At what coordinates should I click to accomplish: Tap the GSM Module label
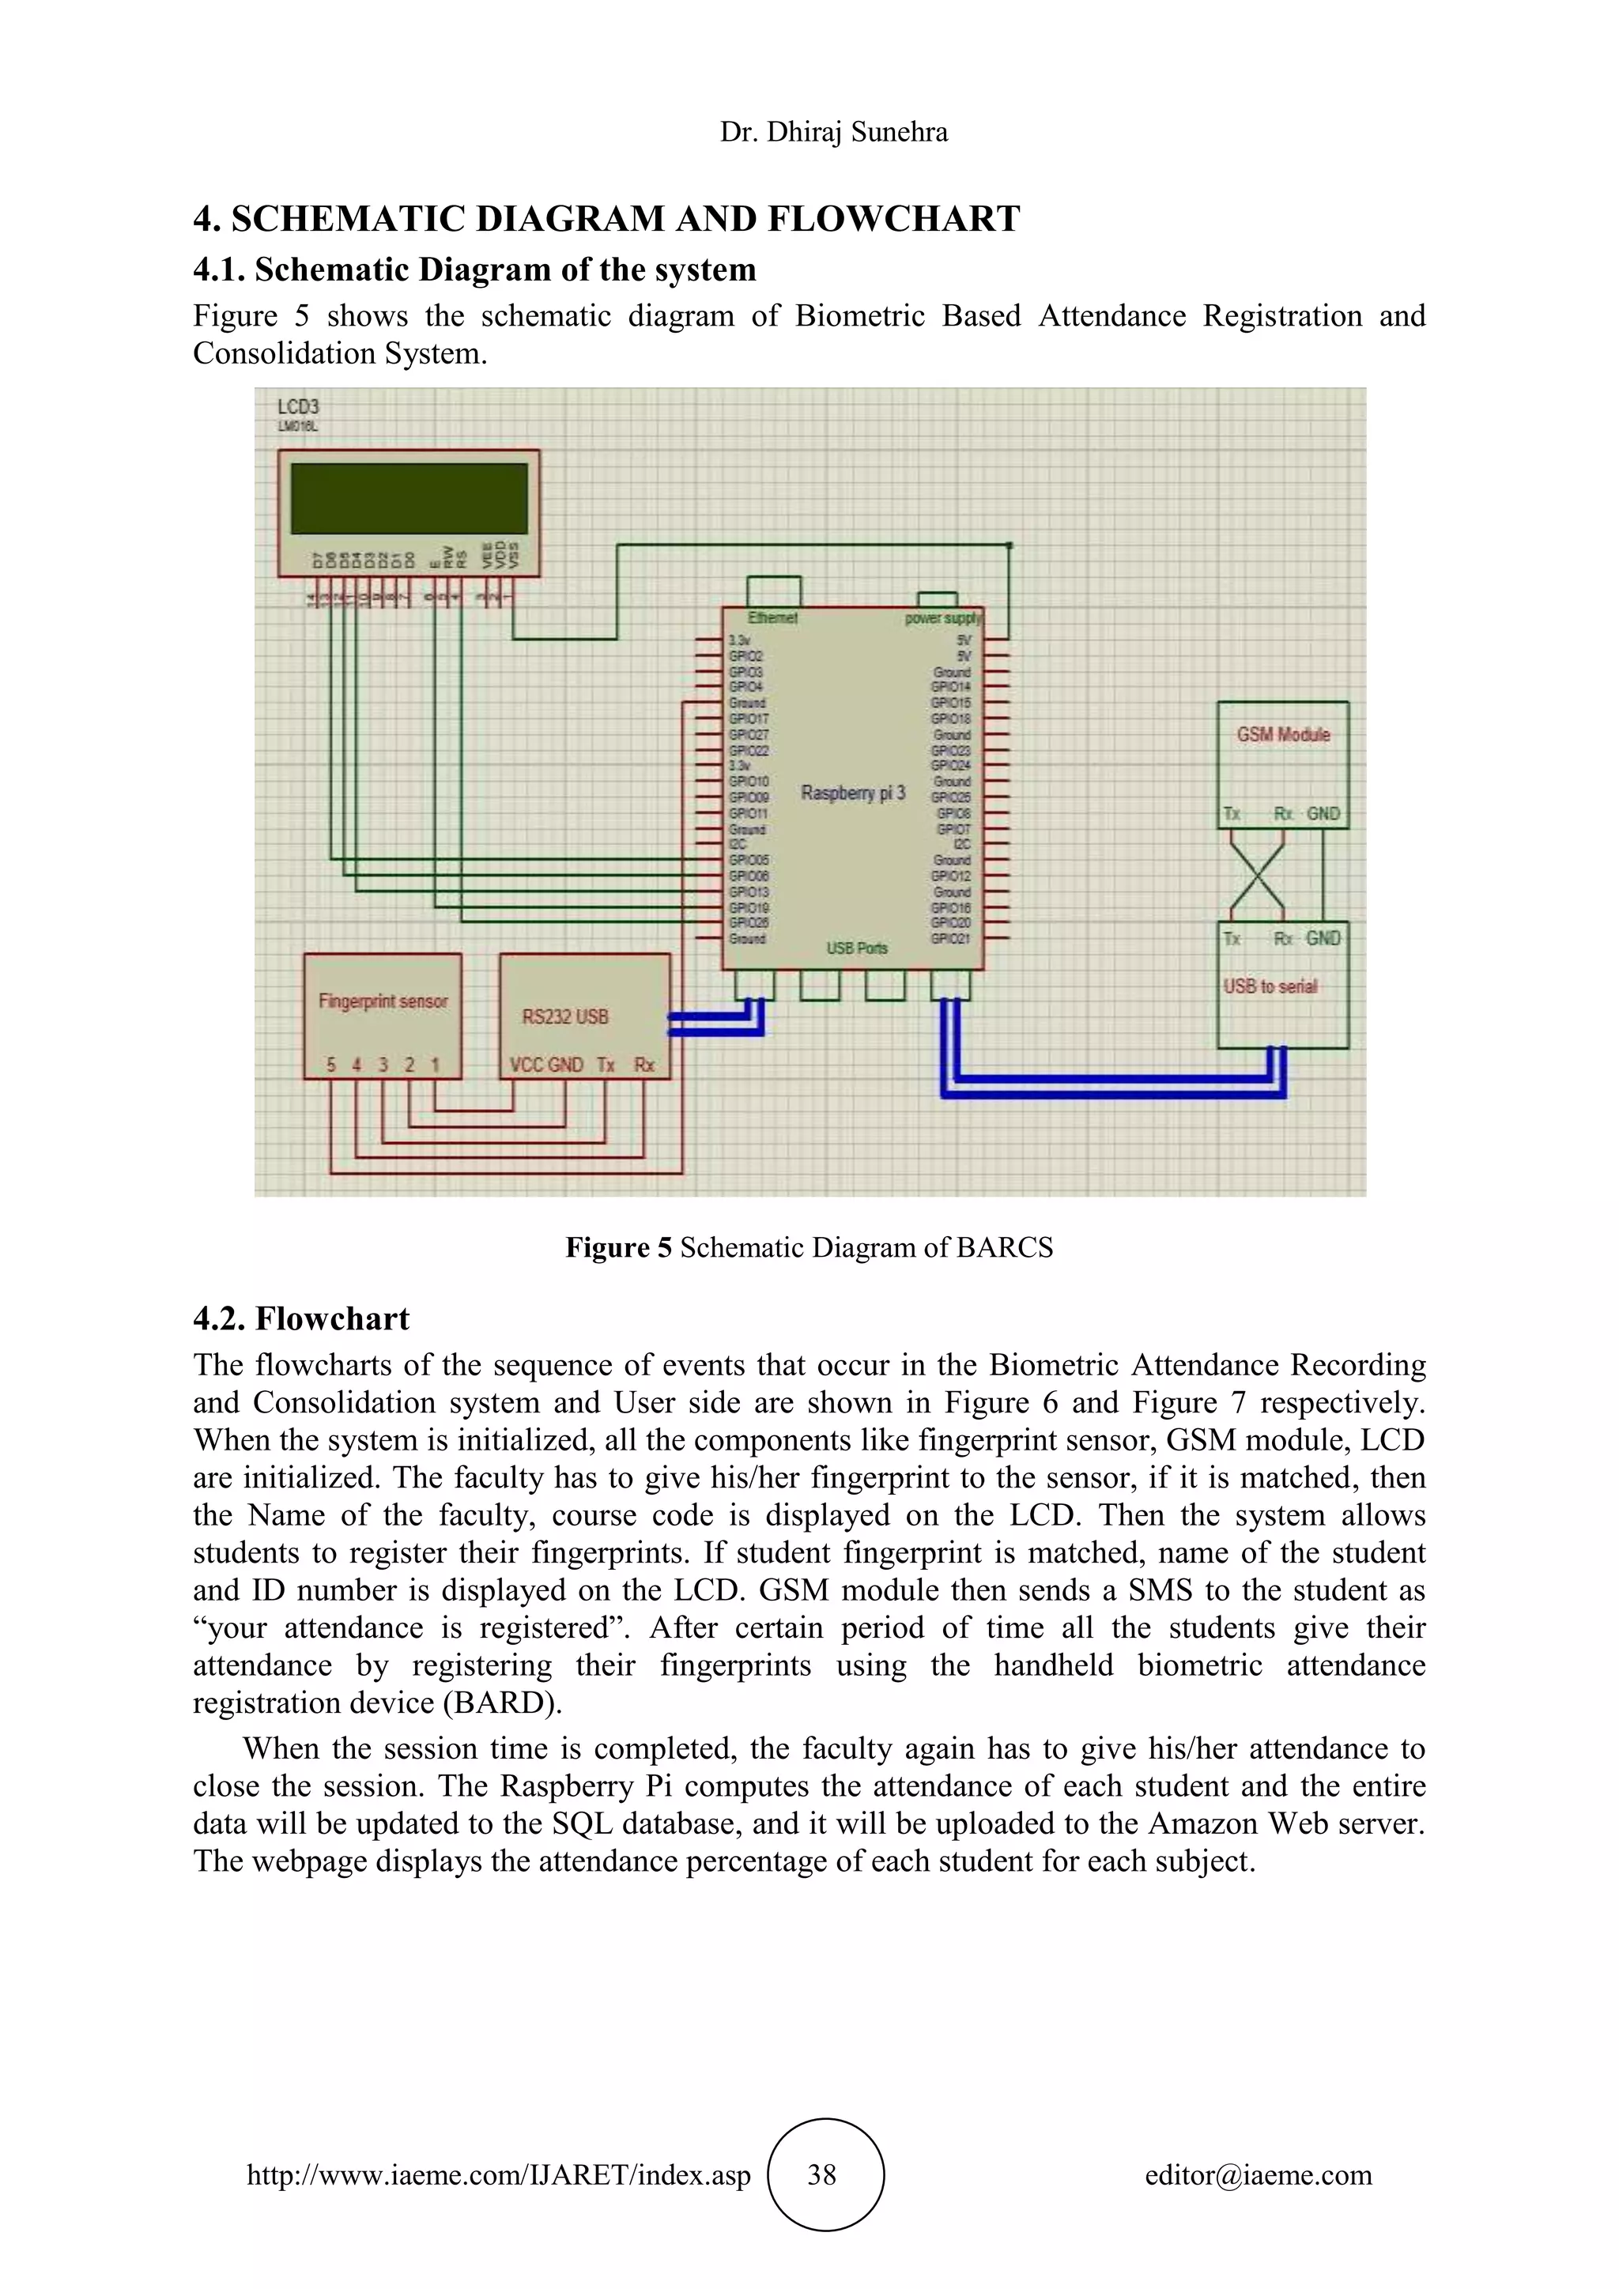[x=1283, y=735]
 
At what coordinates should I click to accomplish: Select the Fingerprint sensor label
[x=383, y=1001]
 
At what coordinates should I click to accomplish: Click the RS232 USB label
[x=565, y=1017]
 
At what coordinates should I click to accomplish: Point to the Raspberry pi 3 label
[x=852, y=794]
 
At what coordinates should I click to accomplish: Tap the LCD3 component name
[x=298, y=407]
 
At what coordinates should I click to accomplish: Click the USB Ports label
[x=856, y=948]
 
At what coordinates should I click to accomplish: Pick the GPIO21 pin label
[x=950, y=939]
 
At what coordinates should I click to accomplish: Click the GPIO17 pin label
[x=749, y=718]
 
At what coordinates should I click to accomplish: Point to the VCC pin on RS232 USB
[x=526, y=1065]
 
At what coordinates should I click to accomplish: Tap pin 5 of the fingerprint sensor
[x=331, y=1065]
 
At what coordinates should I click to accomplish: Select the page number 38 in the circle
[x=821, y=2174]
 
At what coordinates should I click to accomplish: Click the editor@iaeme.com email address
[x=1258, y=2174]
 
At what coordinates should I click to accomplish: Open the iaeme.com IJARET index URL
[x=499, y=2174]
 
